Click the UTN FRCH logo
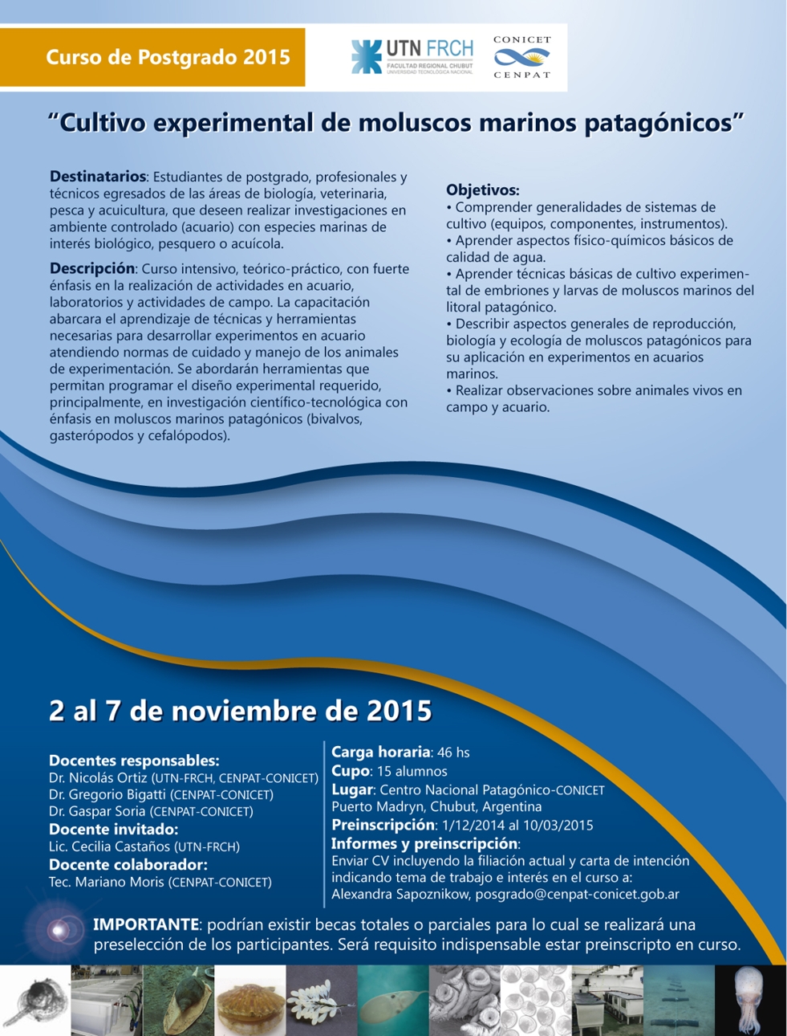point(412,57)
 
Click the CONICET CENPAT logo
point(522,57)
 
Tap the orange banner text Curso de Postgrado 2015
point(168,57)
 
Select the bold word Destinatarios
point(98,177)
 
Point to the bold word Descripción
point(92,269)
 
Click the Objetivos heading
point(483,190)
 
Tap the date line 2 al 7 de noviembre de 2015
point(241,711)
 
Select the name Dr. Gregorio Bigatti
point(108,794)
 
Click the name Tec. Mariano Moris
point(106,882)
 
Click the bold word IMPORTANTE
point(146,924)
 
